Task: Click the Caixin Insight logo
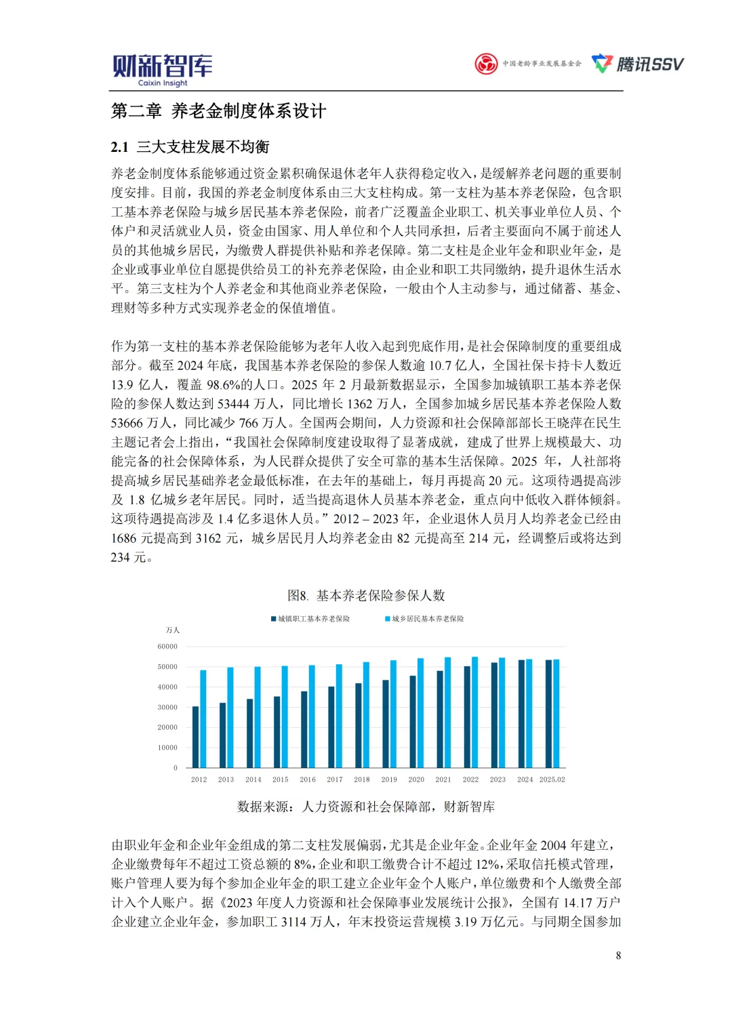[162, 70]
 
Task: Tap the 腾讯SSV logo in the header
[638, 64]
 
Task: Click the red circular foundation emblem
[486, 64]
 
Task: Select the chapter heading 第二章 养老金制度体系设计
[218, 111]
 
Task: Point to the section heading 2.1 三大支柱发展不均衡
[190, 147]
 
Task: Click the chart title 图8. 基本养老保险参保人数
[366, 595]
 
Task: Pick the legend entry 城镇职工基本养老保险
[310, 619]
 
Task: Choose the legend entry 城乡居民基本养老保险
[424, 619]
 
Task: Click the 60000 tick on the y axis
[167, 647]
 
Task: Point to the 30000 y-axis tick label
[167, 707]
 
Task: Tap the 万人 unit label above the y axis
[173, 630]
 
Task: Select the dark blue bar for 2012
[196, 737]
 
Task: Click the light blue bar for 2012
[203, 718]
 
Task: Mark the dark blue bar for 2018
[359, 725]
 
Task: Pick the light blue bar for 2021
[447, 712]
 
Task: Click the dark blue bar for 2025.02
[548, 714]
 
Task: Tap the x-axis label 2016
[308, 779]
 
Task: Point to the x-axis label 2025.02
[552, 779]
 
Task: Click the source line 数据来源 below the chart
[366, 807]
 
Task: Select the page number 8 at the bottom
[618, 955]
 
